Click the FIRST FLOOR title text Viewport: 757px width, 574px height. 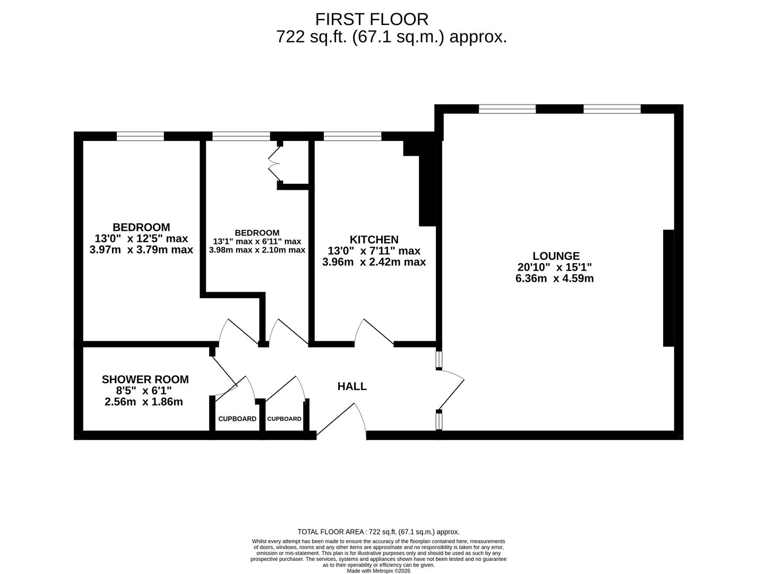coord(372,19)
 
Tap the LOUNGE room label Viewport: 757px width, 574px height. coord(556,256)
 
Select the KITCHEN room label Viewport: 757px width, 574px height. coord(374,239)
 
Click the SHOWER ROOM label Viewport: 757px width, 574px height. coord(145,379)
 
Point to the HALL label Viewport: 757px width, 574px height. coord(352,386)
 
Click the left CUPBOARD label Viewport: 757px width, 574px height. coord(237,419)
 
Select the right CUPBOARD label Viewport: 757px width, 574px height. coord(284,419)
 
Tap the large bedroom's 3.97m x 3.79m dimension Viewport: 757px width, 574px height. coord(141,250)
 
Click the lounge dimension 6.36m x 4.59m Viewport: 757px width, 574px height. coord(554,278)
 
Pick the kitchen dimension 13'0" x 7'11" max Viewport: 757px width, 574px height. coord(374,251)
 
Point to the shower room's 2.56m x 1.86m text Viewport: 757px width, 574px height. coord(144,402)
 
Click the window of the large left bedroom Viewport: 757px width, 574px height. coord(140,136)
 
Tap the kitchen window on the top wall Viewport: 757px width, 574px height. coord(352,136)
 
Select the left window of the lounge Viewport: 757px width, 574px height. coord(507,109)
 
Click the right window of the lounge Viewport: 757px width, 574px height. coord(612,109)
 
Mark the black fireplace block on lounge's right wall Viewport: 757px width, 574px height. coord(668,288)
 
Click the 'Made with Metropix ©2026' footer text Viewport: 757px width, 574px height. coord(378,571)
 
